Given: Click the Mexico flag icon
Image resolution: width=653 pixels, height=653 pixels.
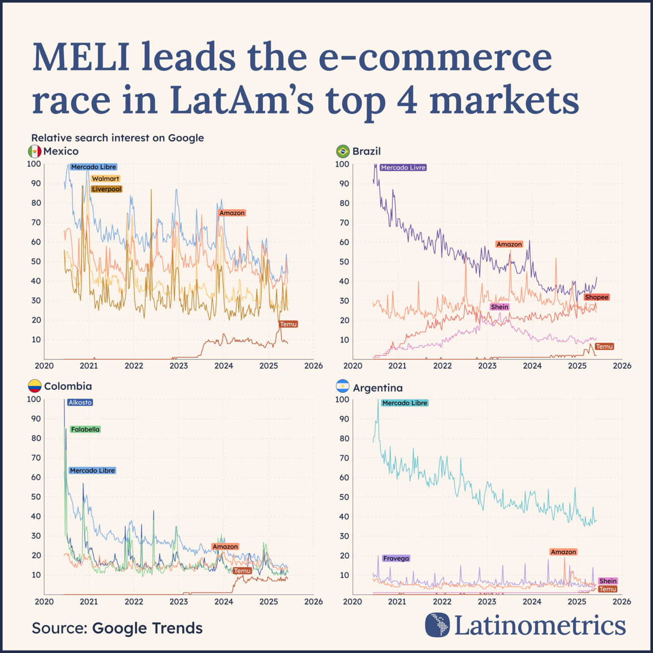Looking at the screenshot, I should point(34,151).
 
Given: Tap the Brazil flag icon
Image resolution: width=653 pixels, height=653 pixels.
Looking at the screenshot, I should point(343,151).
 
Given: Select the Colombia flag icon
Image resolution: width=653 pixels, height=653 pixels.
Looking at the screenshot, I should point(34,386).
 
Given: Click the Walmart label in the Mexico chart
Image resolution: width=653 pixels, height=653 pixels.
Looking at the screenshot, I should point(106,178).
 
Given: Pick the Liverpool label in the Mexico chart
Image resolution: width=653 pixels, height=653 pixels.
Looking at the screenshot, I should point(107,189).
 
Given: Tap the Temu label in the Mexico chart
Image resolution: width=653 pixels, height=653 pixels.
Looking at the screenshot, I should point(288,324).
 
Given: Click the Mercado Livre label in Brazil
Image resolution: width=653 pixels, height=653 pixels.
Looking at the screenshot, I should point(403,167).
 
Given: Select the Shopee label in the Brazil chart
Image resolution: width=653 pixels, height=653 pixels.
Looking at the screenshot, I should point(596,297).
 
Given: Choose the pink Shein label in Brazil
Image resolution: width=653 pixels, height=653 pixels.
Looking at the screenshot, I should point(499,307).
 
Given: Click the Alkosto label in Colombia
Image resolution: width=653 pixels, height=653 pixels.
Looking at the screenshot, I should point(80,402).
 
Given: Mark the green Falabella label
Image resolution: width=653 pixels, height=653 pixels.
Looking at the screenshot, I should point(85,429).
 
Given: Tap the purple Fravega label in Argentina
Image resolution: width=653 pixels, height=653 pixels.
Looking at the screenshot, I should point(396,558).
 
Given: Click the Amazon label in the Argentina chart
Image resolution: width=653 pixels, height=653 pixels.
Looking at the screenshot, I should point(563,552).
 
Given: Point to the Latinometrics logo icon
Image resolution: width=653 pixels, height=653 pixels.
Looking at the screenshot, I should point(437,625).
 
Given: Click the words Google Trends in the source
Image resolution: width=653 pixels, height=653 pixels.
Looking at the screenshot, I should point(147,628).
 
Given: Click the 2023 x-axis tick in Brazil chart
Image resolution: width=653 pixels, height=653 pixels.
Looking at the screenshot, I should point(487,366).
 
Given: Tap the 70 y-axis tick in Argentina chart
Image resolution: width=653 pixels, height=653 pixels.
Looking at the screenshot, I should point(344,458).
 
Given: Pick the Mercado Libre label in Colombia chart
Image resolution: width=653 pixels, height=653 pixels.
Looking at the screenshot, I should point(92,471).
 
